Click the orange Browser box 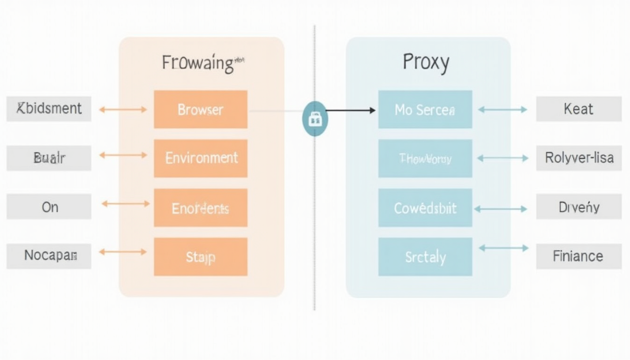[200, 109]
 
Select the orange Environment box [200, 158]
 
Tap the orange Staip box [200, 256]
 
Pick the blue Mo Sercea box [425, 109]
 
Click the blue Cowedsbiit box [425, 208]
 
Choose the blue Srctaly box [425, 256]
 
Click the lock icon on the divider [315, 119]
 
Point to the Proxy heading [426, 62]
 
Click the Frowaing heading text [198, 63]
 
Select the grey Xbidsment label [49, 109]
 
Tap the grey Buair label [49, 158]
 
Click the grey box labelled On [49, 207]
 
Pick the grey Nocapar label [49, 256]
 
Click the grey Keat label [578, 109]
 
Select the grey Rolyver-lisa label [578, 158]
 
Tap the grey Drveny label [578, 207]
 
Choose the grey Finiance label [578, 256]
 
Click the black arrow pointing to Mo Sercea [350, 111]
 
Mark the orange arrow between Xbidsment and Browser [123, 110]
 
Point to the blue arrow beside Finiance [503, 248]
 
